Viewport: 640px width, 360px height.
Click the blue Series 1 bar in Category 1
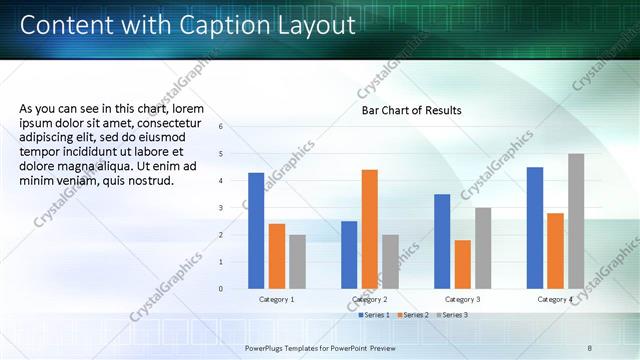(x=256, y=231)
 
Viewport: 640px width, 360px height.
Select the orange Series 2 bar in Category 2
(x=369, y=229)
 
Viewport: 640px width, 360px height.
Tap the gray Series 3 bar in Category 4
(x=576, y=221)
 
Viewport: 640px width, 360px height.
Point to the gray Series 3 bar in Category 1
(x=297, y=262)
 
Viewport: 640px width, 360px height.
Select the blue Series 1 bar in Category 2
(x=349, y=255)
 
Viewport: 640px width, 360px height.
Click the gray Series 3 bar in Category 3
(x=483, y=248)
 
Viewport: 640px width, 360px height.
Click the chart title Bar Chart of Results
(x=412, y=110)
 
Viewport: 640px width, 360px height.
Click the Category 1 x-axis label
(x=276, y=300)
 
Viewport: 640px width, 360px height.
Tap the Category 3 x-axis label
(x=462, y=300)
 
